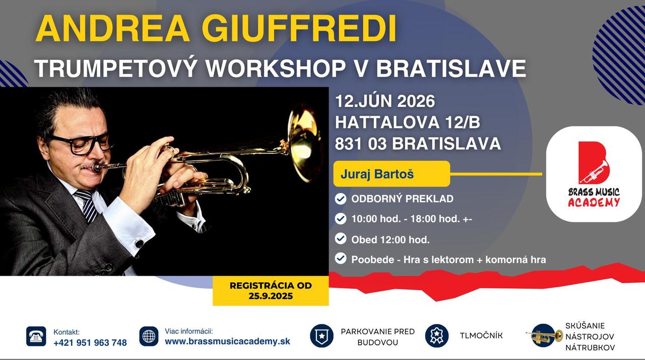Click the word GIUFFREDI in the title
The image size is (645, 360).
(299, 29)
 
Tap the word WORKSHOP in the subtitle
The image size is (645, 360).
(276, 68)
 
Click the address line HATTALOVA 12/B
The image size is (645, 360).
(408, 122)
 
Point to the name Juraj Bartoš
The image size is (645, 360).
(377, 174)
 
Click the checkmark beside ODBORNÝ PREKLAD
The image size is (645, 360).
(340, 199)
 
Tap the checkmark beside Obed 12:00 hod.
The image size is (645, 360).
(340, 239)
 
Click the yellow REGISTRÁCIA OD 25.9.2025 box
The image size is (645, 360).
(271, 290)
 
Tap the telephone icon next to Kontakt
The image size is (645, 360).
(36, 336)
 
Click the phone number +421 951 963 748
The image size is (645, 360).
(90, 343)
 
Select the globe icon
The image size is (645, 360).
(149, 336)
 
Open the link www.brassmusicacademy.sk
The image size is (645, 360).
(227, 341)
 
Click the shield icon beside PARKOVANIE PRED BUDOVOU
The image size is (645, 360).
(321, 336)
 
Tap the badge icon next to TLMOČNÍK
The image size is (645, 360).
(437, 336)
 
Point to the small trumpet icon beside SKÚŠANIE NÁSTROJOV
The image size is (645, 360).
(544, 336)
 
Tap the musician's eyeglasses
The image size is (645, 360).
(81, 144)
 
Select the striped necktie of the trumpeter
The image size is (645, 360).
(87, 205)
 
